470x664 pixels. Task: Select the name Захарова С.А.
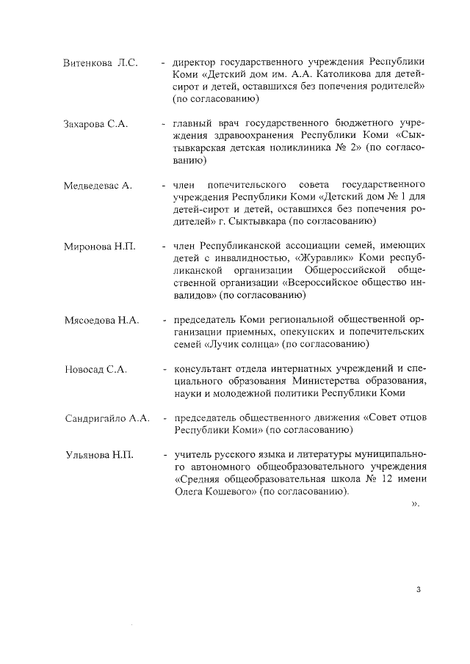(95, 124)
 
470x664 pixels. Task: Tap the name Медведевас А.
(98, 186)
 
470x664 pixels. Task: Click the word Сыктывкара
(256, 222)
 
